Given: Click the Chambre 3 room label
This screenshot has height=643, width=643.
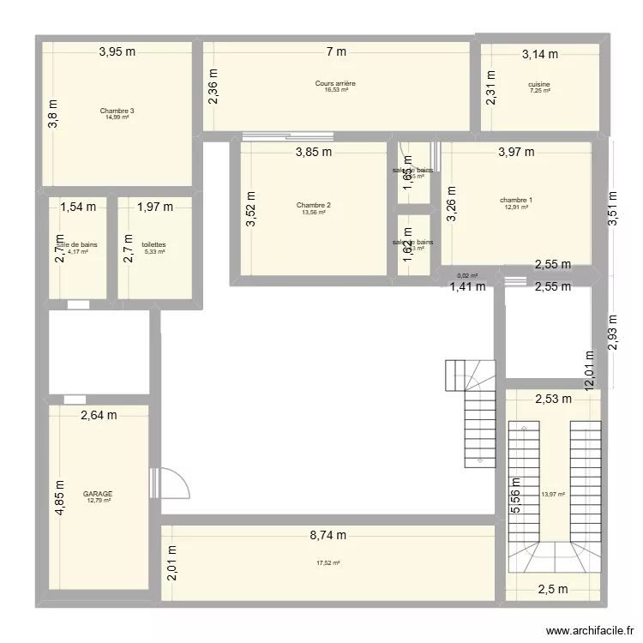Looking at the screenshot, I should (117, 111).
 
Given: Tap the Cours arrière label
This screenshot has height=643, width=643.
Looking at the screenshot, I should (340, 83).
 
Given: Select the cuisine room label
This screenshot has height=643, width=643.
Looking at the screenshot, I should (539, 84).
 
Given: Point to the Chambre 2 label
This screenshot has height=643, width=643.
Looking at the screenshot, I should (314, 205).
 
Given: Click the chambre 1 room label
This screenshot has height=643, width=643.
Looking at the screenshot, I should (516, 201).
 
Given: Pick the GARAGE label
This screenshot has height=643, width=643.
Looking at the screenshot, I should (99, 494).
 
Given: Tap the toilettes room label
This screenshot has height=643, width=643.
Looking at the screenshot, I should (154, 244).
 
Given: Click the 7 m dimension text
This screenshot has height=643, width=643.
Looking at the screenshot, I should (336, 52).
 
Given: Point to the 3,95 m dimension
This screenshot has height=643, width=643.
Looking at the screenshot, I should (117, 51).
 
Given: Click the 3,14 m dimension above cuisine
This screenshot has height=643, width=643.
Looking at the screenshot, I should (540, 54).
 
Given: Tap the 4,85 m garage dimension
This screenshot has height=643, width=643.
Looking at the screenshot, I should (60, 496).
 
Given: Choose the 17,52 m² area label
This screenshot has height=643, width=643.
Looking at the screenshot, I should (328, 562).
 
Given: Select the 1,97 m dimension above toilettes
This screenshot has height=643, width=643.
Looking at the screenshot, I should (155, 206).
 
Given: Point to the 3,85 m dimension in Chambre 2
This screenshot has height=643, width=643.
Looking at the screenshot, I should (314, 153).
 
